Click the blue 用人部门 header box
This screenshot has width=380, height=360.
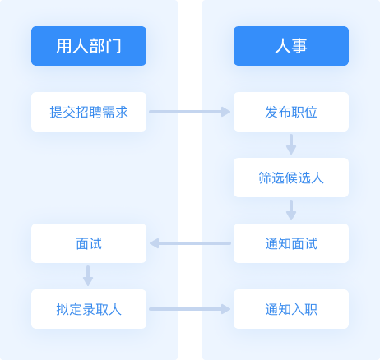(89, 46)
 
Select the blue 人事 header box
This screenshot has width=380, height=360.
(291, 46)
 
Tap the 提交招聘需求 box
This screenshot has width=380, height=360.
(89, 112)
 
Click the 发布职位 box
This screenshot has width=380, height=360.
(291, 112)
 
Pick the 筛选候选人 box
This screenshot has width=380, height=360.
(291, 178)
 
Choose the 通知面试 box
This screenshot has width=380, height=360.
(291, 243)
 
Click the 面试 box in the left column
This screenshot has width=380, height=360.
(89, 243)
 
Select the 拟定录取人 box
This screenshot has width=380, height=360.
(89, 309)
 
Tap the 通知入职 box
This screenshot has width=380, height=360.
(291, 309)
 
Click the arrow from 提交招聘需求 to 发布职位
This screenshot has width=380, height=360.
(190, 112)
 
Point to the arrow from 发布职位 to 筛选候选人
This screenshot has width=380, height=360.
(291, 145)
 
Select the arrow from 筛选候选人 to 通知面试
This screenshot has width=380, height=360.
(291, 210)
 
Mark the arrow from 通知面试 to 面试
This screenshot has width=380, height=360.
(190, 243)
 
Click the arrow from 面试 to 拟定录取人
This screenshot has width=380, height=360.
(88, 276)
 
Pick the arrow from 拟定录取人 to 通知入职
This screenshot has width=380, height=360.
(190, 309)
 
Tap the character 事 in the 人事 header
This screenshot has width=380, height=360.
(299, 46)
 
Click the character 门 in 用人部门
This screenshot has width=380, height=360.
(114, 46)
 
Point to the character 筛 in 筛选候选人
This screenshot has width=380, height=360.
(265, 178)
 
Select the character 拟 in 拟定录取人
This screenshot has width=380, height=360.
(63, 310)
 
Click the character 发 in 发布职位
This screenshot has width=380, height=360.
(271, 113)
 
